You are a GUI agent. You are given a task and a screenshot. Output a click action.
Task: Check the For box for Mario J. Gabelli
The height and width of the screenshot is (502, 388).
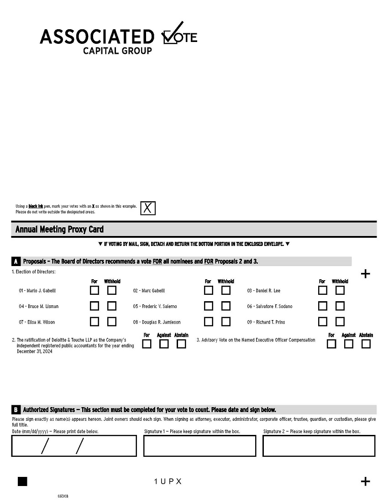point(94,290)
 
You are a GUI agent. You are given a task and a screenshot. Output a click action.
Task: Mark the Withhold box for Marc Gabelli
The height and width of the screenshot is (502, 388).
point(225,290)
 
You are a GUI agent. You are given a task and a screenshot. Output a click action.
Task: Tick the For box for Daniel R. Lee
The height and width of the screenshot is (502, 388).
point(323,290)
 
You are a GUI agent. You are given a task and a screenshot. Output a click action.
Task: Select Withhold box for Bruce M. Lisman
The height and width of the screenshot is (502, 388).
point(111,306)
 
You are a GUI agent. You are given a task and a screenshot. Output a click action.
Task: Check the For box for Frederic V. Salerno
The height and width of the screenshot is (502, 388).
point(208,306)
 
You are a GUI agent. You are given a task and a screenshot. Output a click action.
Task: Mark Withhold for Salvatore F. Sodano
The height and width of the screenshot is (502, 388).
point(340,306)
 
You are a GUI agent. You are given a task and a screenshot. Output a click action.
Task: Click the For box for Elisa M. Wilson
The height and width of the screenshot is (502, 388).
point(94,322)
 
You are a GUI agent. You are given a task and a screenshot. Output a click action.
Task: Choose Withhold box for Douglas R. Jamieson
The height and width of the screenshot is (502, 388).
point(225,322)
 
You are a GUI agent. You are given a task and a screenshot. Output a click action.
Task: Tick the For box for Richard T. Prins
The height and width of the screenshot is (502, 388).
point(323,322)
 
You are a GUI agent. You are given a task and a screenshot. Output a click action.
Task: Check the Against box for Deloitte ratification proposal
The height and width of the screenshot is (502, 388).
point(164,344)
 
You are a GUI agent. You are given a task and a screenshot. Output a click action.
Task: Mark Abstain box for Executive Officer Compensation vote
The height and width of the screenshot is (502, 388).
point(366,344)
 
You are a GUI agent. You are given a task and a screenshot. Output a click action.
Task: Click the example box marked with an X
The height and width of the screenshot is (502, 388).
point(148,208)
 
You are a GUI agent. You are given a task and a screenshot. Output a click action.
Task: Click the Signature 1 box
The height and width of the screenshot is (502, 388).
point(199,446)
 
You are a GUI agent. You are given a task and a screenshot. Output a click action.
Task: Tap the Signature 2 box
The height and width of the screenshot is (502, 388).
point(319,446)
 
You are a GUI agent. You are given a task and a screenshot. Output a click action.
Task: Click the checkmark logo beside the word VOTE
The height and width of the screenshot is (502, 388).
point(173,33)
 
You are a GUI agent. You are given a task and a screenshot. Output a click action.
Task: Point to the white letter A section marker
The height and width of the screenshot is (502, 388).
point(16,261)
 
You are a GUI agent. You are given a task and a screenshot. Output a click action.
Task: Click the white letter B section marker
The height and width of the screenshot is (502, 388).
point(16,410)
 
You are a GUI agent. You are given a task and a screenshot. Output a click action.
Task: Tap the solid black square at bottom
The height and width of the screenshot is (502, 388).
point(22,481)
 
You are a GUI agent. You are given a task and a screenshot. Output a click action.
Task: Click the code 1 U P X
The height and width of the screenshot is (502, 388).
point(168,481)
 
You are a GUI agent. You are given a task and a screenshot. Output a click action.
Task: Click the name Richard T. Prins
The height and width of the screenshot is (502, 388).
point(266,322)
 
